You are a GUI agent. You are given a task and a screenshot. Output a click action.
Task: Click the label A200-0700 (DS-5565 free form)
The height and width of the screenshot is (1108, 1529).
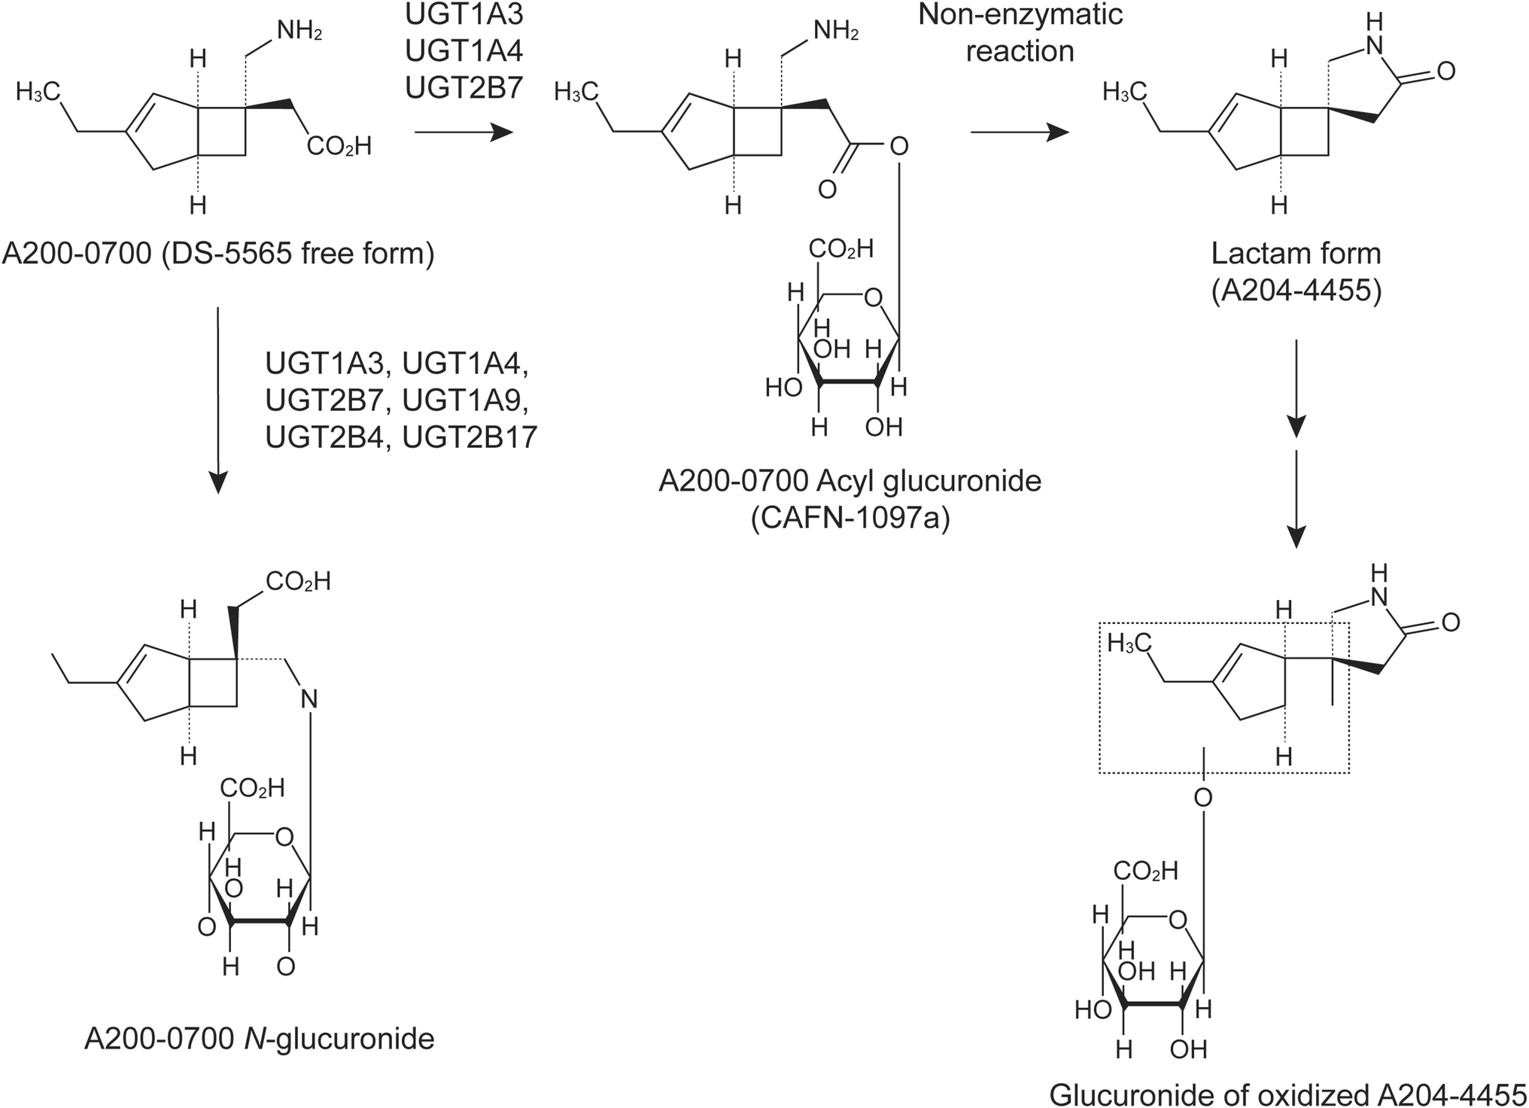point(218,254)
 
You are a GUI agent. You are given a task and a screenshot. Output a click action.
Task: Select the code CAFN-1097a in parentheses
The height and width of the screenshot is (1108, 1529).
point(850,519)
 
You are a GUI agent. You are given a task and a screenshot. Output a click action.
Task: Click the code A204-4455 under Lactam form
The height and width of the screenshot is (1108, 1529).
point(1296,291)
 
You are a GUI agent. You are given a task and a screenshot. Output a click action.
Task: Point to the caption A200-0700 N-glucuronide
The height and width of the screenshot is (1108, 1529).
point(259,1039)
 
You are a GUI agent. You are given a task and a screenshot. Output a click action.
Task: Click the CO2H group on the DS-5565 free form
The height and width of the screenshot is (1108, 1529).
point(339,145)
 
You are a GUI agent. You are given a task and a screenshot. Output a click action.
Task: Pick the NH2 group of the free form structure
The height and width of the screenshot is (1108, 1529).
point(299,32)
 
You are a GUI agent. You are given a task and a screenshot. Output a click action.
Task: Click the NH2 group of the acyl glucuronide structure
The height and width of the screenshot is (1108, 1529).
point(835,32)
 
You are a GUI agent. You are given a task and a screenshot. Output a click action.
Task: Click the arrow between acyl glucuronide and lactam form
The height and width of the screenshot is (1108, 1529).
point(1020,132)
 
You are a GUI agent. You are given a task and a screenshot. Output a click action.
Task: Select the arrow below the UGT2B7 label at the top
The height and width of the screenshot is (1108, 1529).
point(464,133)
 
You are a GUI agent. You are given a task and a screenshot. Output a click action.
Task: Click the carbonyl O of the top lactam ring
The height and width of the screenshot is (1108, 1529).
point(1445,72)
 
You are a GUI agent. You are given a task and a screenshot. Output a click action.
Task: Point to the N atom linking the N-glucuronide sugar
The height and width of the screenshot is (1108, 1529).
point(309,699)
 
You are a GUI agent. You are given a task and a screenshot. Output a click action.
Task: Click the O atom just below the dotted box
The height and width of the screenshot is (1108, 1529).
point(1203,797)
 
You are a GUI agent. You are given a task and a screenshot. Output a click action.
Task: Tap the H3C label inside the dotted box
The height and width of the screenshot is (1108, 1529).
point(1129,642)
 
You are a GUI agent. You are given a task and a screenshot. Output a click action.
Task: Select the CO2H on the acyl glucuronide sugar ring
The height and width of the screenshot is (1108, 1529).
point(840,248)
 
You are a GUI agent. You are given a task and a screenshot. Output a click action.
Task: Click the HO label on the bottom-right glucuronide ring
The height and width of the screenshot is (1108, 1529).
point(1093,1010)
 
